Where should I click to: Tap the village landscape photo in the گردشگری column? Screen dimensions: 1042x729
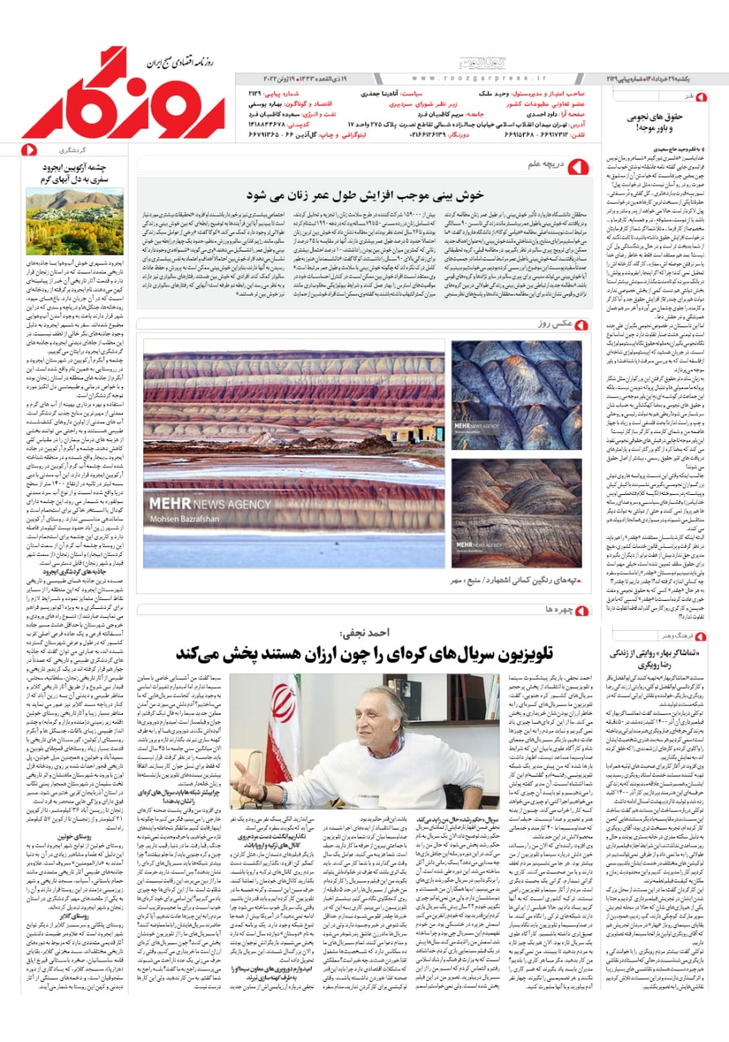point(74,221)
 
